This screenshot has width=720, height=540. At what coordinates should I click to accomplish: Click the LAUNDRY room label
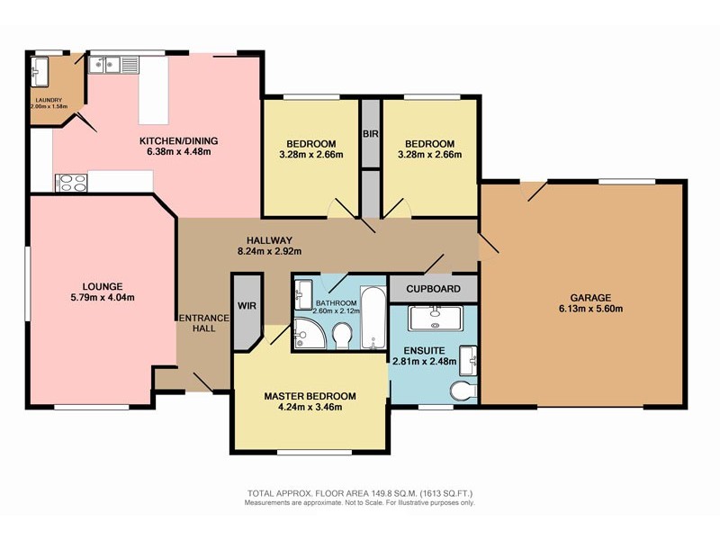pyautogui.click(x=49, y=100)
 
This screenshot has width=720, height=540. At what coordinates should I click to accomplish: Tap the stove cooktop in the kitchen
pyautogui.click(x=71, y=183)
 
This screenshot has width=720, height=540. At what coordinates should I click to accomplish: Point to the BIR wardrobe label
pyautogui.click(x=371, y=134)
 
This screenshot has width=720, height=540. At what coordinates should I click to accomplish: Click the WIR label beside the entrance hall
pyautogui.click(x=247, y=306)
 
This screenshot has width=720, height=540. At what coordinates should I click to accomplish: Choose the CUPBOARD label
pyautogui.click(x=434, y=289)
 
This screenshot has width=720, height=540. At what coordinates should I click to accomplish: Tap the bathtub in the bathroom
pyautogui.click(x=373, y=318)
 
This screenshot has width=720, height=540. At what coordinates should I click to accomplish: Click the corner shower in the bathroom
pyautogui.click(x=309, y=333)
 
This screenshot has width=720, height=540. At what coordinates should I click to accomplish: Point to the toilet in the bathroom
pyautogui.click(x=342, y=336)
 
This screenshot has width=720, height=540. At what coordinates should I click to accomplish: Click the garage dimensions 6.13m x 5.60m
pyautogui.click(x=591, y=309)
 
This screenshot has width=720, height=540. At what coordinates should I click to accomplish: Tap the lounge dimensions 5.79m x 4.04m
pyautogui.click(x=103, y=297)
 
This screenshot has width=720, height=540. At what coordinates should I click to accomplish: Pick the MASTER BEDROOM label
pyautogui.click(x=310, y=396)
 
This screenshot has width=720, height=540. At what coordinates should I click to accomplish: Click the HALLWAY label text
pyautogui.click(x=269, y=240)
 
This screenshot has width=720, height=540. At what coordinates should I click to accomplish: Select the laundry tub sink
pyautogui.click(x=40, y=71)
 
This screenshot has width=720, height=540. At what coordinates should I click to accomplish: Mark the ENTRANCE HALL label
pyautogui.click(x=204, y=323)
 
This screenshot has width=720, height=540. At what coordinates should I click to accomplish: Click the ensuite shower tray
pyautogui.click(x=435, y=319)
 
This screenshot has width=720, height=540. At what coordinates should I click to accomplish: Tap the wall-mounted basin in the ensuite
pyautogui.click(x=469, y=361)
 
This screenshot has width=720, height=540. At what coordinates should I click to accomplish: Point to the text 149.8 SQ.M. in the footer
pyautogui.click(x=388, y=493)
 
